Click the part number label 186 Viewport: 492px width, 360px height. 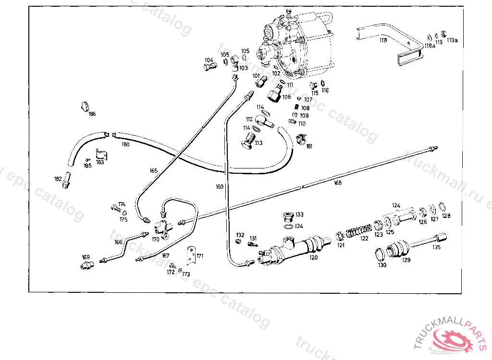(91, 114)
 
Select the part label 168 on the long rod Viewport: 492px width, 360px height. (338, 182)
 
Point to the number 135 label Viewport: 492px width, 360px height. (436, 248)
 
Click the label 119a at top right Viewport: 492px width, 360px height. (452, 41)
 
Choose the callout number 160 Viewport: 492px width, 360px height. (220, 186)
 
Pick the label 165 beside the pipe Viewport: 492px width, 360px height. (153, 170)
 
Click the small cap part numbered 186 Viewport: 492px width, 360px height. (85, 106)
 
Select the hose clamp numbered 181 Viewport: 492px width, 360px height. (301, 139)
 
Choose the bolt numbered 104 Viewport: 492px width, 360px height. (209, 68)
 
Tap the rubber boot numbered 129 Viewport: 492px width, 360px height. (398, 250)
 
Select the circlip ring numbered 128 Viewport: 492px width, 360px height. (442, 208)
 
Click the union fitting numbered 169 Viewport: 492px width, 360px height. (86, 265)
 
